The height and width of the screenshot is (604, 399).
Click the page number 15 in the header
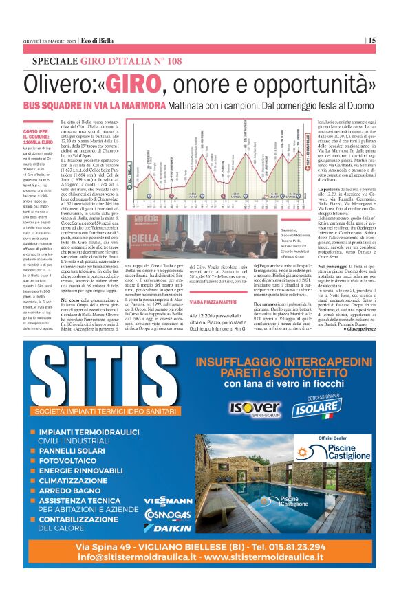click(371, 40)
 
